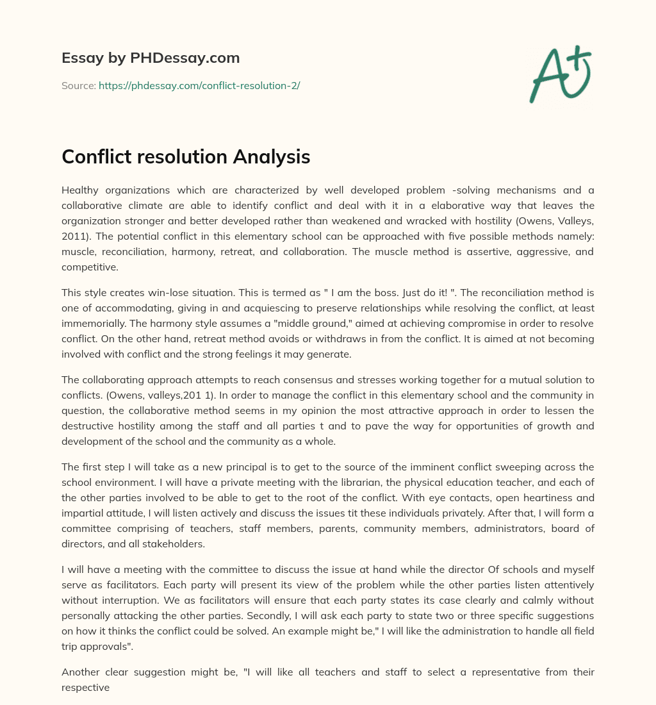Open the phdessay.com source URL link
point(199,85)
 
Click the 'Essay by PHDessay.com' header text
point(151,58)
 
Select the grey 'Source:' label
point(78,85)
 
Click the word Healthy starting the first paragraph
point(83,190)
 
